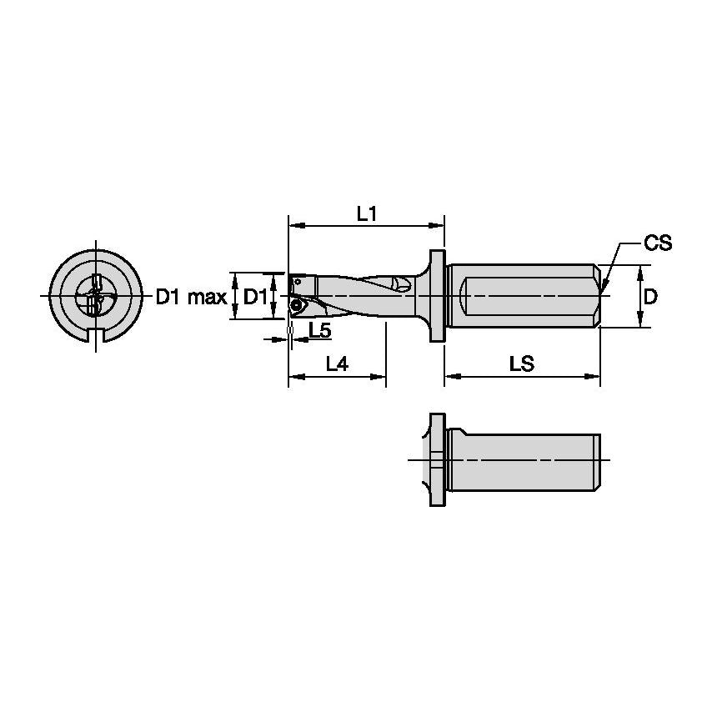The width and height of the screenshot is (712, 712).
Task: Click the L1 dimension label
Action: click(367, 213)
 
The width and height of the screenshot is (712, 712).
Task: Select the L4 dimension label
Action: click(337, 364)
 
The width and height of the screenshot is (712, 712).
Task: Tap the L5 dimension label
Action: click(319, 331)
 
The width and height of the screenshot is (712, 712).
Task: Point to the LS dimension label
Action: click(521, 364)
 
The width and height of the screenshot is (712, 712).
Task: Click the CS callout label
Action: click(657, 243)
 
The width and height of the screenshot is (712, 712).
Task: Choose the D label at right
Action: click(651, 296)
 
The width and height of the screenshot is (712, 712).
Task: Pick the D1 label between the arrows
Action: click(255, 297)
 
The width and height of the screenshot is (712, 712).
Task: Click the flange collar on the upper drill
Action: click(437, 296)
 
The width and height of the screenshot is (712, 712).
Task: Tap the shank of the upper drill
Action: click(521, 296)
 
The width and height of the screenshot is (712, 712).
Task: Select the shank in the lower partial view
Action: click(521, 460)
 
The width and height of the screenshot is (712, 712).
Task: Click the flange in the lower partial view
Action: click(436, 460)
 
